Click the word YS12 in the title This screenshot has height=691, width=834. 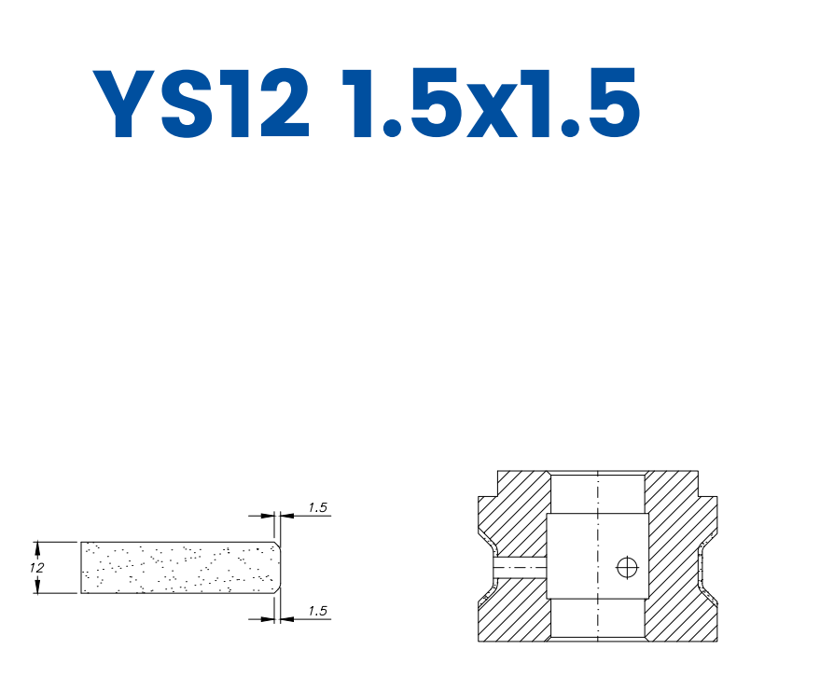(202, 104)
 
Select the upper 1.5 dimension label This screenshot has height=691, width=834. (317, 508)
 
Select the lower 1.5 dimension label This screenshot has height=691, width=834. (317, 611)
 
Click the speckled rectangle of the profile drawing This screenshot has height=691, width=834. (177, 567)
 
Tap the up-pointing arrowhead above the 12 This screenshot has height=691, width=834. (37, 547)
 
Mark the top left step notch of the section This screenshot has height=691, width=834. (488, 484)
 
